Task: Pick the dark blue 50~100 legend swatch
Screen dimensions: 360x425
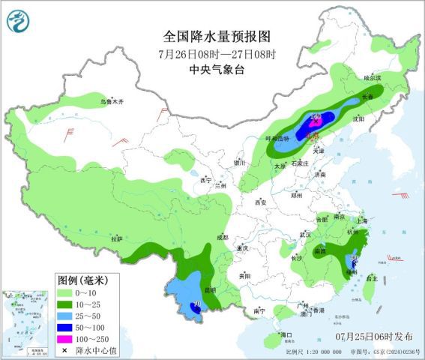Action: tap(67, 326)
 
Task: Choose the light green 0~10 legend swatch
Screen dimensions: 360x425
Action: tap(67, 291)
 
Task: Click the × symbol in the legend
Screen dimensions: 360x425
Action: tap(67, 350)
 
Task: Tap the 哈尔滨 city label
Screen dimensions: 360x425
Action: tap(372, 77)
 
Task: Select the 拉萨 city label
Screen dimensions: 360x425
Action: tap(115, 238)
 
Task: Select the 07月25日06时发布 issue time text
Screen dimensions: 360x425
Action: tap(373, 333)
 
